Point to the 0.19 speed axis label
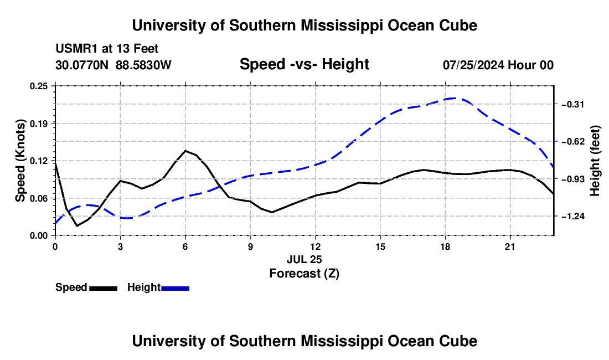(39, 124)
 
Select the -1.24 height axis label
(573, 217)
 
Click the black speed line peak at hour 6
(185, 151)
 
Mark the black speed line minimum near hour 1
(77, 225)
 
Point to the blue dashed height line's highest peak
(452, 98)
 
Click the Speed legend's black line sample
(104, 288)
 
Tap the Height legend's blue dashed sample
(175, 288)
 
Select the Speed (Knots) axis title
(20, 161)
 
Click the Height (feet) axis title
(595, 161)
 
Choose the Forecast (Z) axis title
(304, 274)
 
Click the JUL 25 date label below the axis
(304, 259)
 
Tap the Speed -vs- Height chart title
(304, 64)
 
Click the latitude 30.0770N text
(82, 65)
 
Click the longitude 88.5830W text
(143, 65)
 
